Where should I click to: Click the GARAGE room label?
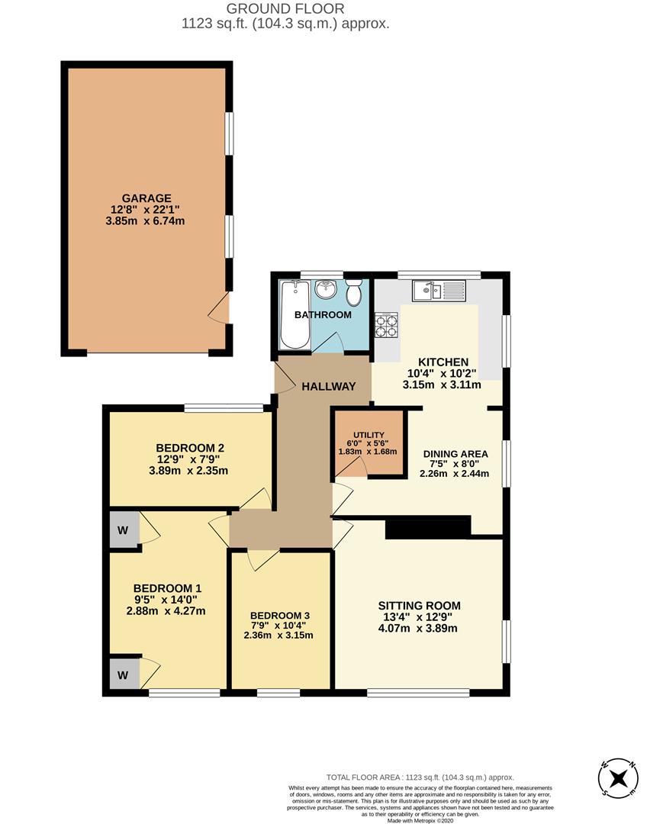pos(146,198)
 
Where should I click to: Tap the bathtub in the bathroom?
pos(295,315)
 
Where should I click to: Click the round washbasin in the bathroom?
pos(326,288)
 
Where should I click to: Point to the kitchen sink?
pos(439,291)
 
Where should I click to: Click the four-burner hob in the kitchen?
pos(386,325)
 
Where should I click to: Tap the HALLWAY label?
pos(329,387)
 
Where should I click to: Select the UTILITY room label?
pos(369,435)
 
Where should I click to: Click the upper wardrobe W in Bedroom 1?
pos(124,529)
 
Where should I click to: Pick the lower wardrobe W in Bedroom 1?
pos(124,674)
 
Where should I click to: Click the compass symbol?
pos(619,791)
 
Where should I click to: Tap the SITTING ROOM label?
pos(420,606)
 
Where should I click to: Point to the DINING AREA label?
pos(455,454)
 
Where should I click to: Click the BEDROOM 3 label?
pos(279,616)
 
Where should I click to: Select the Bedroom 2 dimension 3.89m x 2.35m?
pos(188,471)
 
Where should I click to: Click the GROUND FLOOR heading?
pos(285,8)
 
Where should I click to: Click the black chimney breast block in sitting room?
pos(428,528)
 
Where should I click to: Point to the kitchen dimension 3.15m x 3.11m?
pos(442,385)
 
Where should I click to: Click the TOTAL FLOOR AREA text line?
pos(420,777)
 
